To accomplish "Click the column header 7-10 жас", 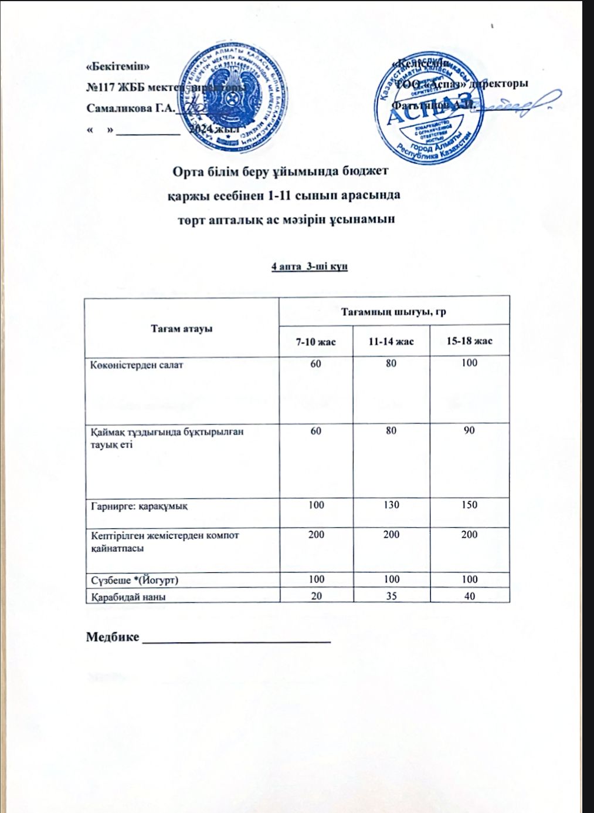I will (x=316, y=341).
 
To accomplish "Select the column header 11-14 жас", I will (x=391, y=341).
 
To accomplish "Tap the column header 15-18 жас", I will (x=469, y=341).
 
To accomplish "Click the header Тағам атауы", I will (x=182, y=328).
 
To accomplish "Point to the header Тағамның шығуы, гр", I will (x=393, y=311).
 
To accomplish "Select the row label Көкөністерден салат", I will (x=137, y=365).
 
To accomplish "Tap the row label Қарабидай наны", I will (x=127, y=596).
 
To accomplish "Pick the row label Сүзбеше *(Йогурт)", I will (x=134, y=580).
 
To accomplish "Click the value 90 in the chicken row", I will (x=469, y=430).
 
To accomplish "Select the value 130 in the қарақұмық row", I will (x=391, y=505).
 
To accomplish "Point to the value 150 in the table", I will (x=469, y=505).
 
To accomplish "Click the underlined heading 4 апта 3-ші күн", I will (x=310, y=266).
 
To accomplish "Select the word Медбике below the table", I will (x=113, y=637).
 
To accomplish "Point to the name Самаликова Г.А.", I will (x=130, y=109).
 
